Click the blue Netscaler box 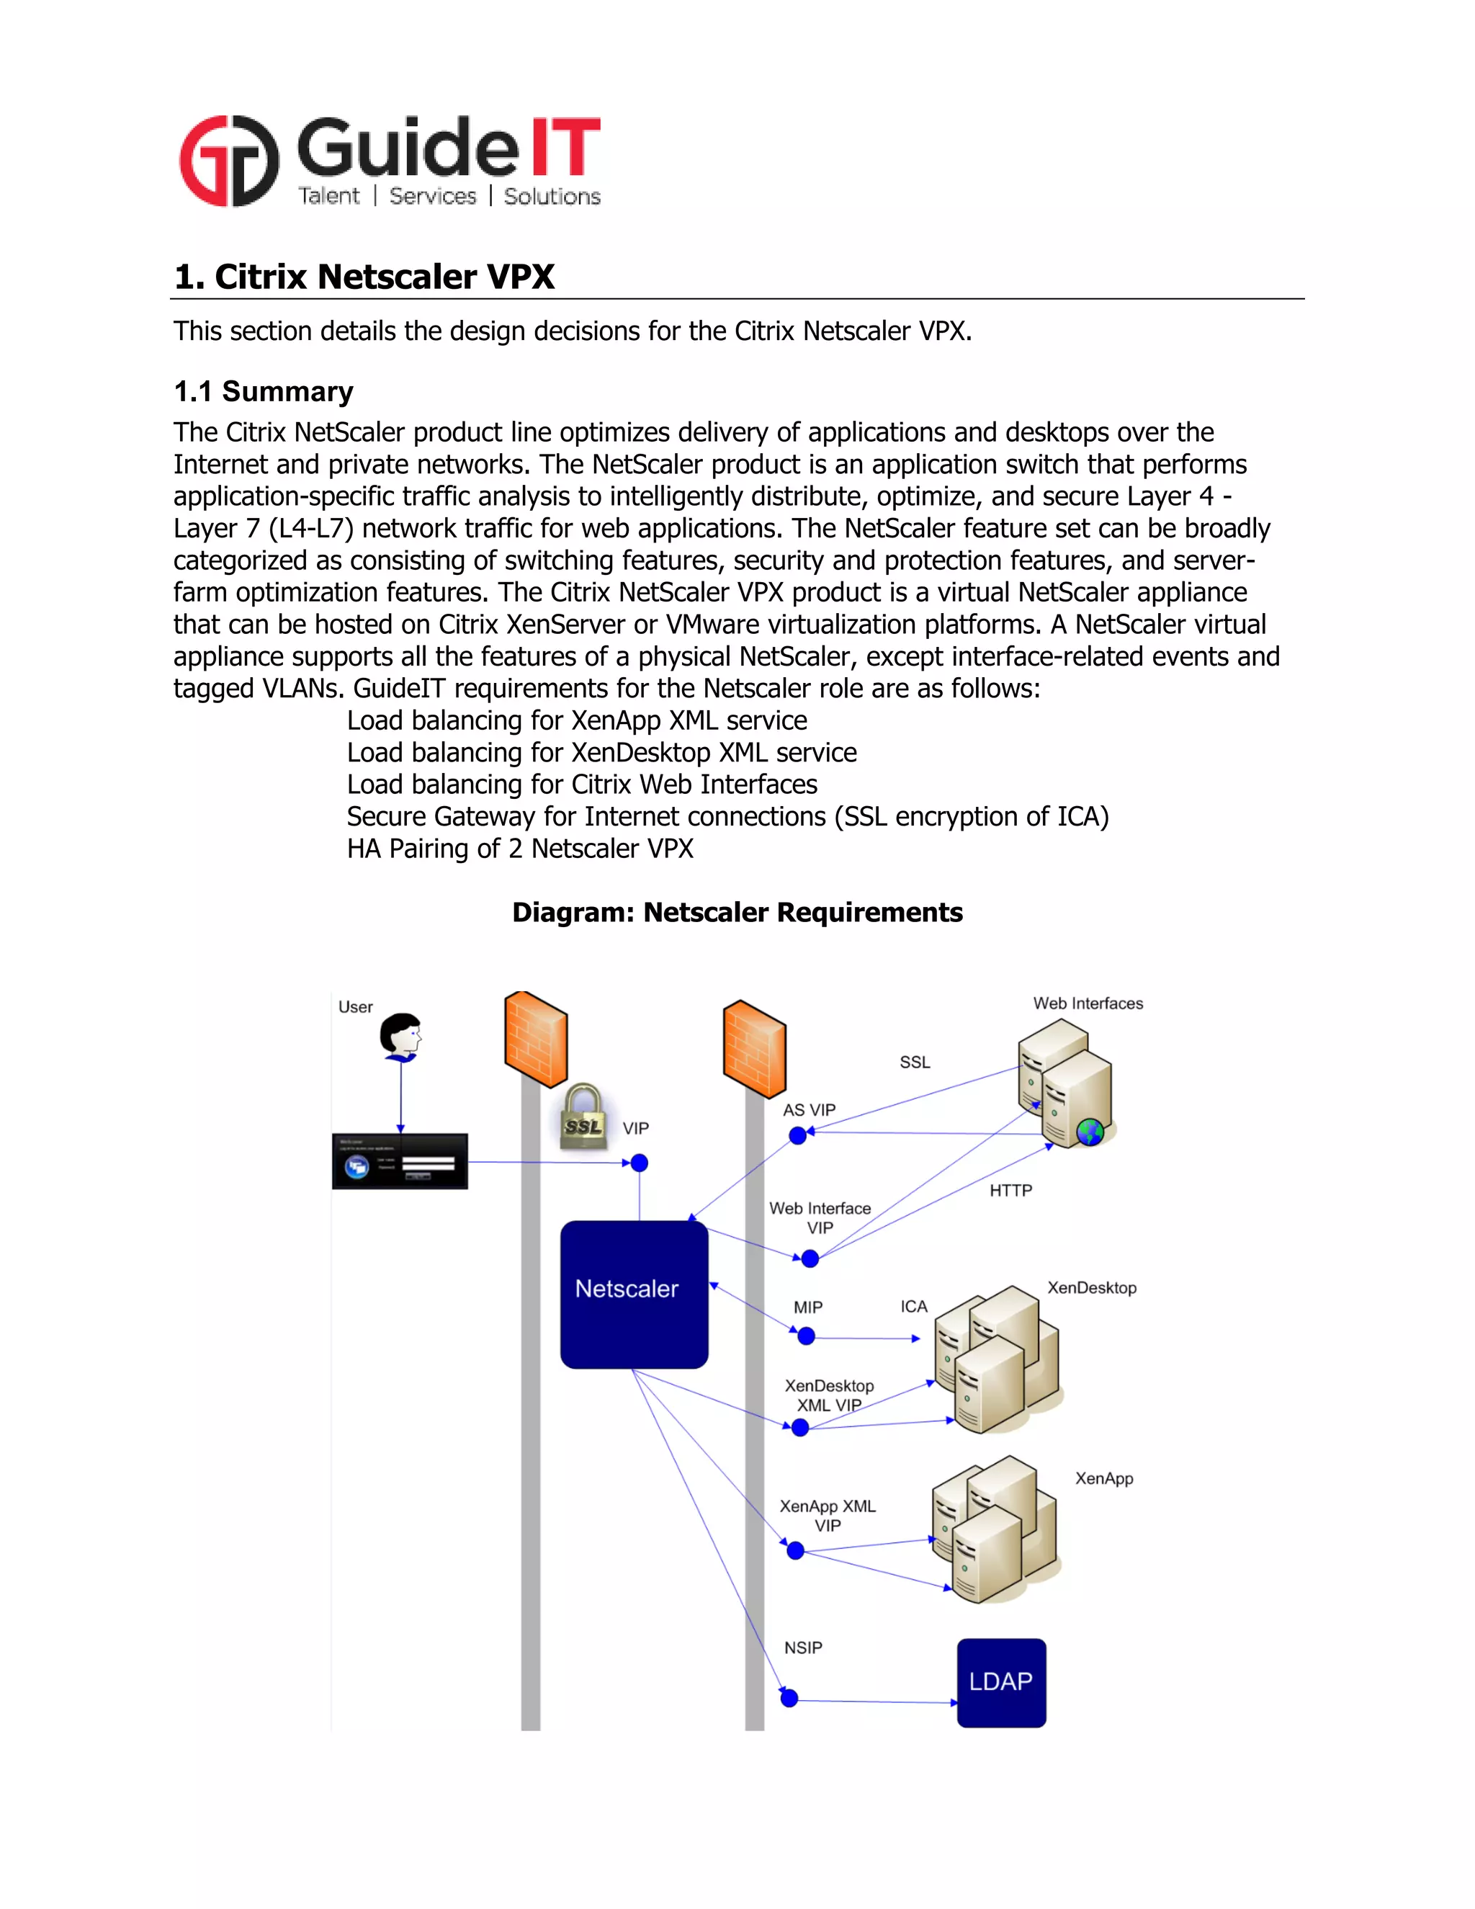tap(634, 1294)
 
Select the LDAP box tap(1000, 1682)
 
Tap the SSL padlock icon tap(583, 1117)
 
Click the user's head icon tap(401, 1036)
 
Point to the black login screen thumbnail tap(399, 1161)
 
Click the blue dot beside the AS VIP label tap(798, 1135)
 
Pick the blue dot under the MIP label tap(807, 1336)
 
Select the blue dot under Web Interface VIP tap(810, 1258)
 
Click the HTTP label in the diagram tap(1010, 1191)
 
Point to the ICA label tap(914, 1306)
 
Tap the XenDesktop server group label tap(1091, 1287)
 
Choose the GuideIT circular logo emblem tap(229, 161)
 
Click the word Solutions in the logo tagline tap(552, 197)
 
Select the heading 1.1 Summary tap(263, 392)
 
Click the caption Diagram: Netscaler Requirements tap(737, 912)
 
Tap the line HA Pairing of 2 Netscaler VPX tap(520, 848)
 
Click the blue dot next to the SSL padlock tap(640, 1163)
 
